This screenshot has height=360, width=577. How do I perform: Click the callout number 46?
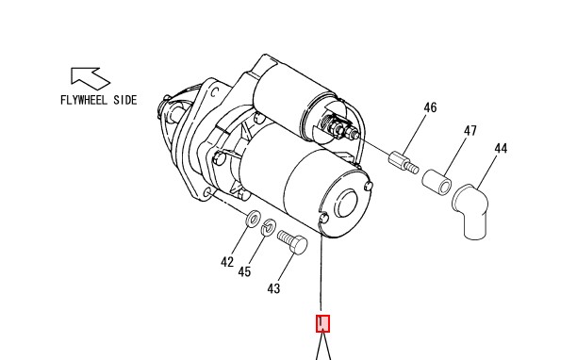[430, 107]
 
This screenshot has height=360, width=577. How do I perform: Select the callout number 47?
[470, 131]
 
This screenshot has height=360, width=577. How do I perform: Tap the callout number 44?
[501, 149]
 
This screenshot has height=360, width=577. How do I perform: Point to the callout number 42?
[227, 262]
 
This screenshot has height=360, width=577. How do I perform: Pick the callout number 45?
[244, 272]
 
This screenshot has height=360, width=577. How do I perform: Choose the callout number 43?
[273, 288]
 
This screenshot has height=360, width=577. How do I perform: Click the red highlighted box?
[322, 323]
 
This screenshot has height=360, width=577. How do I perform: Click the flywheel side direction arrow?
[91, 78]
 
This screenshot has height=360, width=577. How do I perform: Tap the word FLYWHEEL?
[84, 100]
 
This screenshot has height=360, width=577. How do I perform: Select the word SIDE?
[125, 100]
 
